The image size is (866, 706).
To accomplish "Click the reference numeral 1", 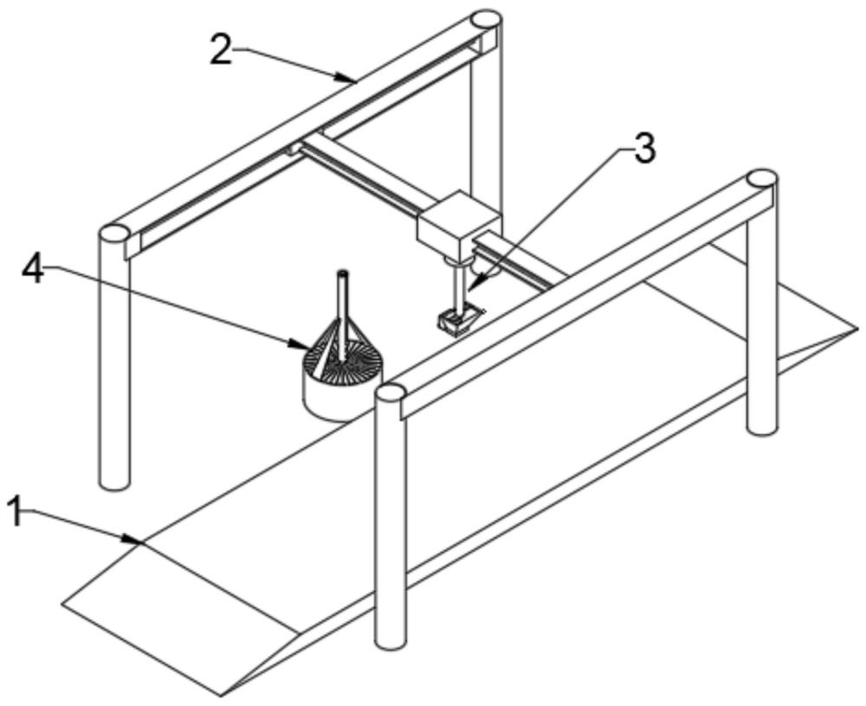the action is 17,510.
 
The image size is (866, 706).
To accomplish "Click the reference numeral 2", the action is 222,49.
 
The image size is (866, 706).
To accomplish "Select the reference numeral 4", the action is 33,269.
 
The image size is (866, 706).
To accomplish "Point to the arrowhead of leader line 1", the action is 136,540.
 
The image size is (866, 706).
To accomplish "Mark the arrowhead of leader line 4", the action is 301,346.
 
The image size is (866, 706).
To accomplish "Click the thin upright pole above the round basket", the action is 342,315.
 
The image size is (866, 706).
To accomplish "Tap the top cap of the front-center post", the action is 391,393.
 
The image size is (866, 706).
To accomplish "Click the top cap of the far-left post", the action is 114,234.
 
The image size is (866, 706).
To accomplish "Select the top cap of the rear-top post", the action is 486,20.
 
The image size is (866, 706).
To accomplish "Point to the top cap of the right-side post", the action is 761,179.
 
